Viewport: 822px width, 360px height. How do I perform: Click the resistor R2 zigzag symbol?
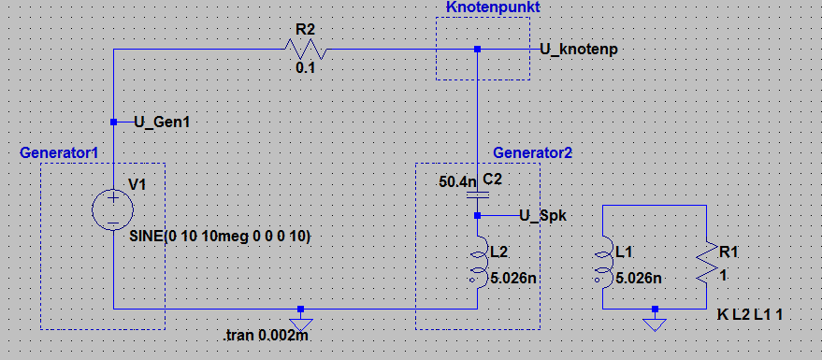(306, 50)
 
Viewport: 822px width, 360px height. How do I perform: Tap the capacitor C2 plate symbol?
(478, 194)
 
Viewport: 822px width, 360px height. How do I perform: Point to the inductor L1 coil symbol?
(605, 267)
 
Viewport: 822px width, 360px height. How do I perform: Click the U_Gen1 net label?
(162, 122)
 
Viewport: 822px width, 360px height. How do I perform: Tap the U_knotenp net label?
(579, 50)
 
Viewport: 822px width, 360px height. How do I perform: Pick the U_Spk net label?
(543, 215)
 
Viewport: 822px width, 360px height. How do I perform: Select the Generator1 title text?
(59, 153)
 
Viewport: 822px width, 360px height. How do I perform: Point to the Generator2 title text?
(533, 152)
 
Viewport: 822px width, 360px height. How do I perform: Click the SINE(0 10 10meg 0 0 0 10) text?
(220, 237)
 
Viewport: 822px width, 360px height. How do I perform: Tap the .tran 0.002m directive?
(267, 336)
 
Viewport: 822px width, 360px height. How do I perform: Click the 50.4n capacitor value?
(457, 182)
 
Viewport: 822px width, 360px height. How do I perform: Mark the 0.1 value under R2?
(306, 68)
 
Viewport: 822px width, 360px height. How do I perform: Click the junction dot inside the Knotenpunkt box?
(478, 50)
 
